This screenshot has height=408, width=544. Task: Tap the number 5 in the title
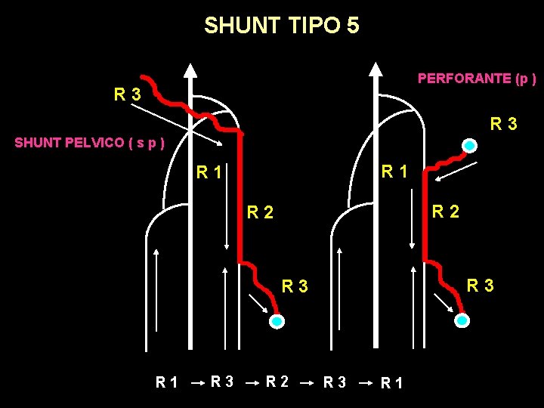tap(353, 26)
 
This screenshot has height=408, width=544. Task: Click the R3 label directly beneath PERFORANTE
tap(503, 123)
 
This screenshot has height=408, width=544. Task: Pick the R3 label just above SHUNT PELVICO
tap(127, 95)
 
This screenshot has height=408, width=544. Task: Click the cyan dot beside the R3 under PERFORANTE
tap(470, 145)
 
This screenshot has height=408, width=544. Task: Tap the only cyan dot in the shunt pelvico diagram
tap(277, 321)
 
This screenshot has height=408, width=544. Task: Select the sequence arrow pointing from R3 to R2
tap(252, 383)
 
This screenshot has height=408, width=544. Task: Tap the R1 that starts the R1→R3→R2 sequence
tap(167, 383)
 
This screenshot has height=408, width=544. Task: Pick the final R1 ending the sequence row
tap(393, 383)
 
